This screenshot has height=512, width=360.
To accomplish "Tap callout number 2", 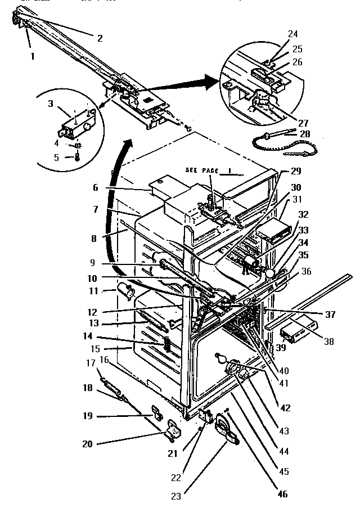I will [x=100, y=39].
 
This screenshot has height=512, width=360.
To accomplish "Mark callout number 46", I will [x=282, y=494].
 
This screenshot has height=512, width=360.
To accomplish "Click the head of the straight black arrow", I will [x=219, y=83].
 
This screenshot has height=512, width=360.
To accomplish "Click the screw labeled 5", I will [x=77, y=158].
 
